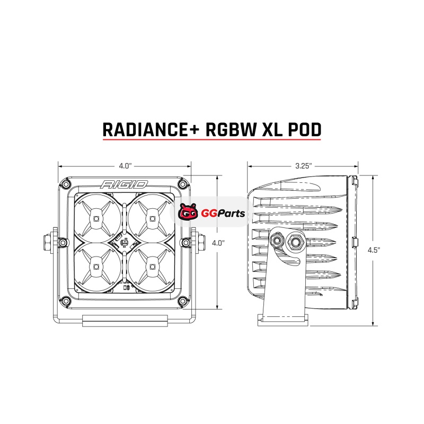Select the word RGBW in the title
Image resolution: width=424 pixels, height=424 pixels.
[231, 129]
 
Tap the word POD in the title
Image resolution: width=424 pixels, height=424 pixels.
[304, 129]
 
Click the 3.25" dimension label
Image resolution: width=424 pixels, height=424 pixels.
[303, 166]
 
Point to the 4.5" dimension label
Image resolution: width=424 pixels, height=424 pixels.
[374, 250]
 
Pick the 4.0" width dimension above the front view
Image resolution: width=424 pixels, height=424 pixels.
[125, 166]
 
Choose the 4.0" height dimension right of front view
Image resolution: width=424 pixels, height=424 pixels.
[218, 243]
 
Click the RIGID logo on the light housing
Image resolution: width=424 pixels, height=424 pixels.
[124, 184]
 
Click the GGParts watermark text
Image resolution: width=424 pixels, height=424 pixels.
[223, 214]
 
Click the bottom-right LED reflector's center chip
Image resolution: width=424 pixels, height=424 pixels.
[152, 267]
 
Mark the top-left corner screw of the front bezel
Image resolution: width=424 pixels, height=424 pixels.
[66, 184]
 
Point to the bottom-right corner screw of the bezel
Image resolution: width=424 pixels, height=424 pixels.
[183, 300]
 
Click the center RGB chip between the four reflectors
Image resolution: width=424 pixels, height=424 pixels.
[124, 243]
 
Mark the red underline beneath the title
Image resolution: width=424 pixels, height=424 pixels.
[211, 139]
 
